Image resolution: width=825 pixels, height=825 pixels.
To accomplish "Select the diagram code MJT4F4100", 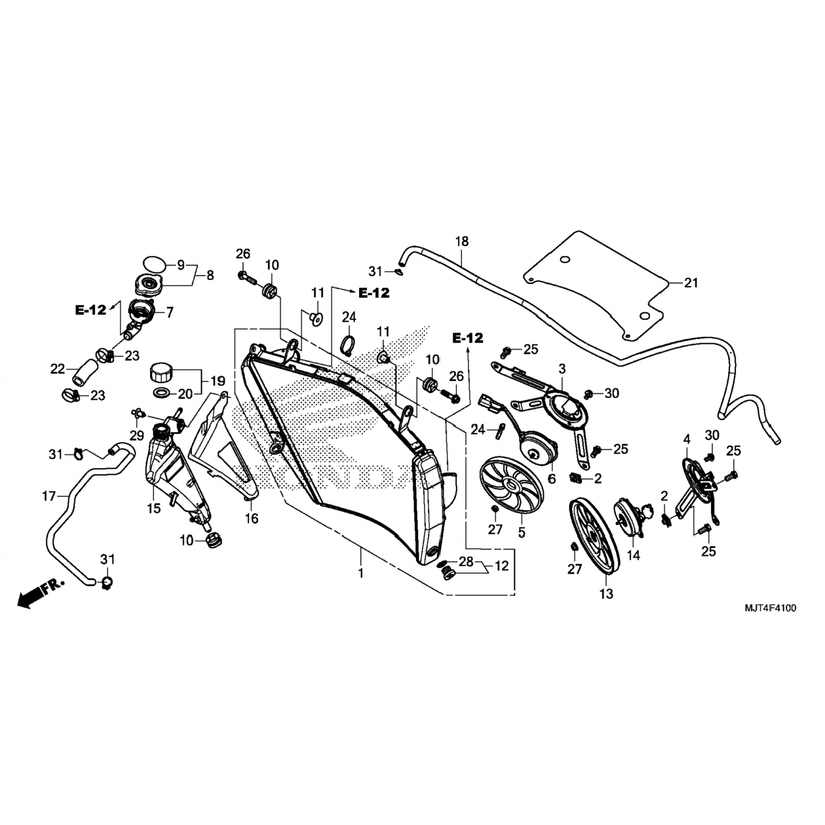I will [770, 608].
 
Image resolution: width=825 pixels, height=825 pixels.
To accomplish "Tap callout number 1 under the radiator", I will [361, 573].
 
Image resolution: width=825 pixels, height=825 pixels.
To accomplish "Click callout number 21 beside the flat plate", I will [691, 283].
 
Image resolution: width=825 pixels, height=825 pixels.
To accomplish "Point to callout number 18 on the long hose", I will [461, 241].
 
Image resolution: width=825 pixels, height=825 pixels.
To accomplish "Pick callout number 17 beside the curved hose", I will [49, 496].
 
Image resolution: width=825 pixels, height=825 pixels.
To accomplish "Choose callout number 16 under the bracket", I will [251, 518].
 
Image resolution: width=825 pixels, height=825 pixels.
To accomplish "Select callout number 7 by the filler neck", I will [169, 312].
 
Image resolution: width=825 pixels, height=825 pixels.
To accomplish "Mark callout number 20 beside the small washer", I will [185, 394].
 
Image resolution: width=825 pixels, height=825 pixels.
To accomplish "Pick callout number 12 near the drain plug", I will [502, 565].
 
